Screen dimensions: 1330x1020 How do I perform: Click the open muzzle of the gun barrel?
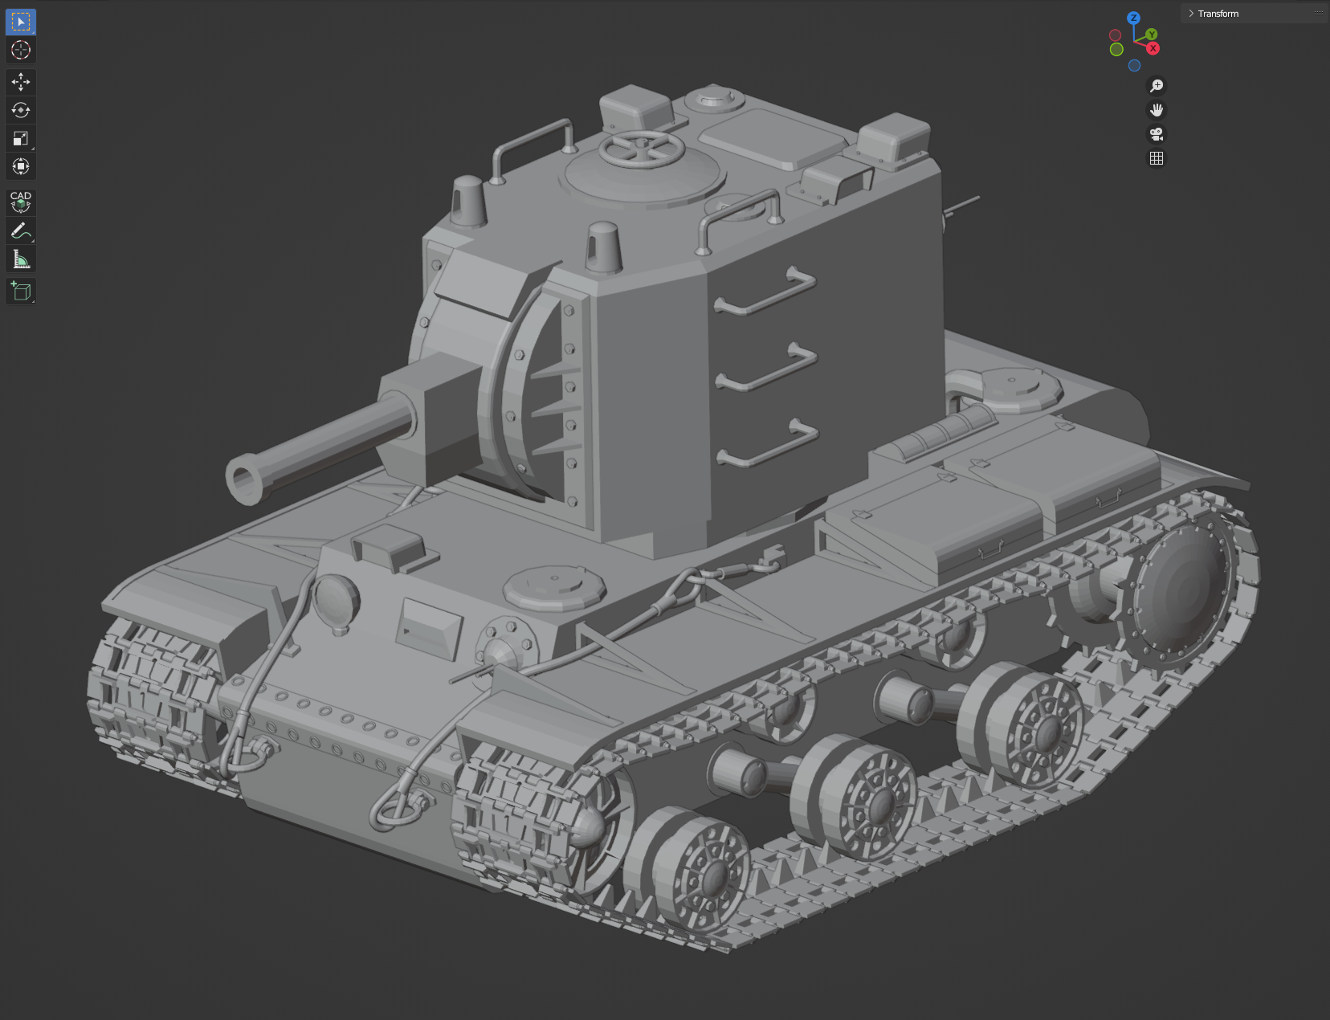point(246,479)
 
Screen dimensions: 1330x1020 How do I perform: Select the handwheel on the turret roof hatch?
point(642,149)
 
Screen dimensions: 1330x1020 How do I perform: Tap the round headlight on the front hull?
point(336,600)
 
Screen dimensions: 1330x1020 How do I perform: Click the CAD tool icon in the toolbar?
point(21,202)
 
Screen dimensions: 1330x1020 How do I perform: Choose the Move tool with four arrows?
point(21,82)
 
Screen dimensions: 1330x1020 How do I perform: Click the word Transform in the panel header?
point(1218,14)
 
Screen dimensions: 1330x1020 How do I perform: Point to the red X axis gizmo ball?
point(1153,48)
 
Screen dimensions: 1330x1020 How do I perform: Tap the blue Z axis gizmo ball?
point(1133,18)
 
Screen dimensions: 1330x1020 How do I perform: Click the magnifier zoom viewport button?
point(1157,86)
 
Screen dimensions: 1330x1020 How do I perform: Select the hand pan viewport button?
point(1157,110)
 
